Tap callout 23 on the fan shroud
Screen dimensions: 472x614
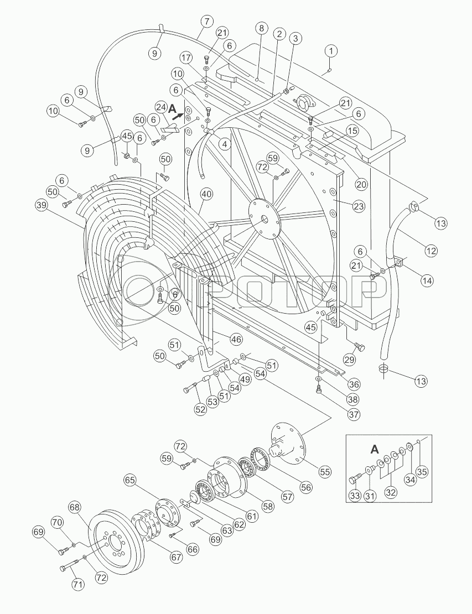tap(359, 206)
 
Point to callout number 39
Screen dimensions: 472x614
tap(41, 205)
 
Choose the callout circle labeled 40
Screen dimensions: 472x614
tap(206, 194)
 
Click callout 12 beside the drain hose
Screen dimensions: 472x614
tap(431, 250)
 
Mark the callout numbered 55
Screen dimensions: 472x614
tap(324, 471)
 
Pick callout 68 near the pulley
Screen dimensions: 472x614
tap(76, 507)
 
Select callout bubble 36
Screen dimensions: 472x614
tap(354, 384)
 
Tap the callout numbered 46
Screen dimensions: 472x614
tap(236, 339)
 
